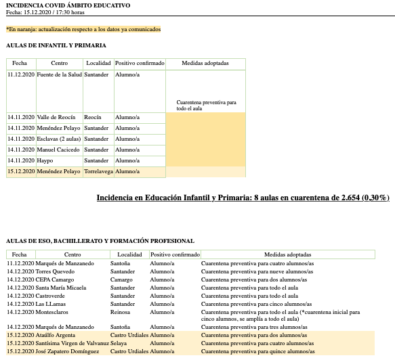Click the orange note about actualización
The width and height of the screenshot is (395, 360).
[83, 29]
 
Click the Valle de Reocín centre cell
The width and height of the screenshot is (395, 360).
[58, 117]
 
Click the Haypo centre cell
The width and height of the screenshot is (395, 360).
[45, 160]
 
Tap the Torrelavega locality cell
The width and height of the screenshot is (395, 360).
[98, 172]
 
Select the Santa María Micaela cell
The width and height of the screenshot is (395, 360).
[61, 288]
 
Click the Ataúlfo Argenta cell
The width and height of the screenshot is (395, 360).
[58, 335]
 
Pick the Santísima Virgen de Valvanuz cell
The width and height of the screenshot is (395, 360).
[73, 343]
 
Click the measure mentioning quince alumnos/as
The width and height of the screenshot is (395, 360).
[257, 351]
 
